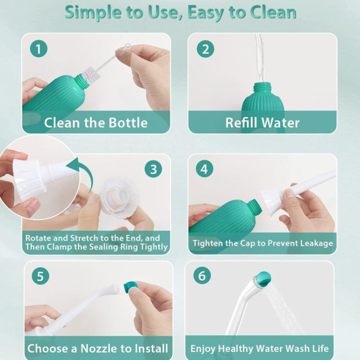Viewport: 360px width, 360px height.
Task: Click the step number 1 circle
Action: (x=38, y=48)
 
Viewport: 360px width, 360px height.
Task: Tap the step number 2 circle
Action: (x=205, y=48)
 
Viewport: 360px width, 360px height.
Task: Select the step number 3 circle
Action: (x=153, y=169)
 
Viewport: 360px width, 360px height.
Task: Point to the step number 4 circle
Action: (x=204, y=169)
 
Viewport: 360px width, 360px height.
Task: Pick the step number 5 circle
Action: (x=40, y=276)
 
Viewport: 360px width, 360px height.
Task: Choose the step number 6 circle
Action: (x=202, y=276)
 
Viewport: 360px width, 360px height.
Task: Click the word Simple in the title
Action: (x=91, y=13)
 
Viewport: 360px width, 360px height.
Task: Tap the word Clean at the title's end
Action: (x=272, y=13)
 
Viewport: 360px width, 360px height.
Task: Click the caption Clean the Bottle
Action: (x=96, y=122)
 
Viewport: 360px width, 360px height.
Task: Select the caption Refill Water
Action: (x=262, y=122)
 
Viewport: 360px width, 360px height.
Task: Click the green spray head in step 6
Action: (x=262, y=278)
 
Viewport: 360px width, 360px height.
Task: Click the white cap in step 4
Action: (x=272, y=201)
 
